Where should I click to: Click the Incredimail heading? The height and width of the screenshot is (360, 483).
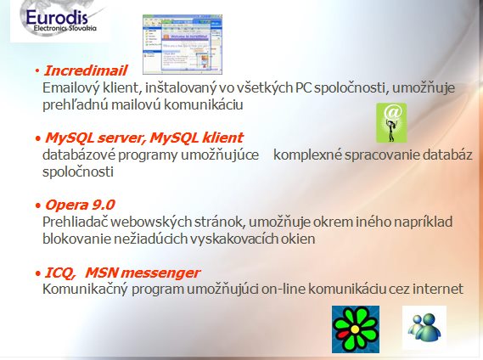tap(86, 70)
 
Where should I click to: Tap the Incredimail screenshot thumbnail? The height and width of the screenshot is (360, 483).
tap(183, 44)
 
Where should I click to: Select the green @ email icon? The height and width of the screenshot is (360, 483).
tap(391, 122)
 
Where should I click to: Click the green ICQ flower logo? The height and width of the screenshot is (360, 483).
tap(356, 329)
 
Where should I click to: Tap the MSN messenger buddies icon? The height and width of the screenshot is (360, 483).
tap(424, 328)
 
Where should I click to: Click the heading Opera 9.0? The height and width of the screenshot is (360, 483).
tap(80, 205)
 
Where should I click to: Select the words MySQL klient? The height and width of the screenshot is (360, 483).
tap(197, 138)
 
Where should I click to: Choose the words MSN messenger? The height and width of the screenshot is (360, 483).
tap(143, 273)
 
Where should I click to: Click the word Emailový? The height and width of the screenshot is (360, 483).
tap(71, 88)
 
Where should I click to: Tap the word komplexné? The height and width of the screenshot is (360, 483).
tap(307, 155)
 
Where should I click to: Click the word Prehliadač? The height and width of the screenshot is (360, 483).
tap(75, 222)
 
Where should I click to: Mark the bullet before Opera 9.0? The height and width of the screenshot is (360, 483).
tap(38, 205)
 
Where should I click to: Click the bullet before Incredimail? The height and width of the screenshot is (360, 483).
tap(37, 71)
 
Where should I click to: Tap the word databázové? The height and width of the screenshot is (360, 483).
tap(79, 155)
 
